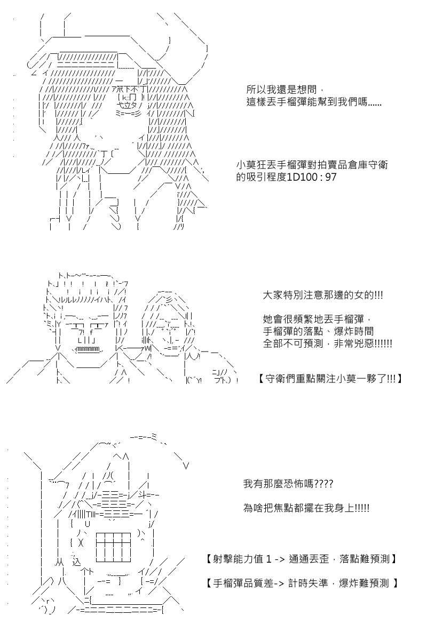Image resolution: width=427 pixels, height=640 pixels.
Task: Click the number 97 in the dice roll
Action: (330, 177)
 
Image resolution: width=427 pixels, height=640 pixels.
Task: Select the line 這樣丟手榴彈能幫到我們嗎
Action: (314, 102)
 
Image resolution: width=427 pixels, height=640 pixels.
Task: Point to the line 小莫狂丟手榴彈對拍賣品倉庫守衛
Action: (312, 165)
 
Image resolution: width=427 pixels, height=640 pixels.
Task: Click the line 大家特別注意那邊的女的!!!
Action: (323, 295)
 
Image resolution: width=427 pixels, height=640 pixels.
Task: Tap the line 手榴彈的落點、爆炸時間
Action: (318, 331)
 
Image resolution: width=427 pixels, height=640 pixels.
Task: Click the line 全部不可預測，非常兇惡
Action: (327, 343)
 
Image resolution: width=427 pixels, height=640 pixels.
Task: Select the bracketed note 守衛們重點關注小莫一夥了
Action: (330, 379)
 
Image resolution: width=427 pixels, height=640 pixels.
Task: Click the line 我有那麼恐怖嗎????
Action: (288, 484)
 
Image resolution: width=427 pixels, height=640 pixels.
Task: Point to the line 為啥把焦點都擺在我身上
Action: (306, 508)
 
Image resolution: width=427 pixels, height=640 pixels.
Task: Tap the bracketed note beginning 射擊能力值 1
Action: (302, 559)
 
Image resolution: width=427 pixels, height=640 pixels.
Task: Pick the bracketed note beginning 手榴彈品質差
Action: (302, 583)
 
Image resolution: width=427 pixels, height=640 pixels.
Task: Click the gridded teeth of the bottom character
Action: (114, 547)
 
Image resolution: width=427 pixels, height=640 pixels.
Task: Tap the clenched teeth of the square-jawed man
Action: (89, 349)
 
